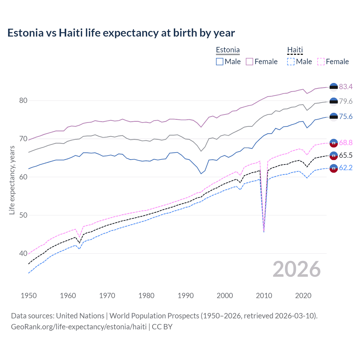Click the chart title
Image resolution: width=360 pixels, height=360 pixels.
point(121,33)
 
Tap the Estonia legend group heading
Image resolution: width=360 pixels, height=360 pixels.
point(228,50)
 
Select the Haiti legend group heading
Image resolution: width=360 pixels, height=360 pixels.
point(295,50)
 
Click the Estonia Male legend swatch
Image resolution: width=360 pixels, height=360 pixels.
point(220,62)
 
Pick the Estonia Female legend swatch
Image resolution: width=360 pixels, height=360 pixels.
point(249,62)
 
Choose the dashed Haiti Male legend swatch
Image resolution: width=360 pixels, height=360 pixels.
point(291,62)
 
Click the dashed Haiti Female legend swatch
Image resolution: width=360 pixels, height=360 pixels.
point(321,62)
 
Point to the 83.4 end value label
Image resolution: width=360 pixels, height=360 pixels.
point(346,87)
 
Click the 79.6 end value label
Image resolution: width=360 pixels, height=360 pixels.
point(346,101)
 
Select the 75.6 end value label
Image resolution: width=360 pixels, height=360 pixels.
point(346,116)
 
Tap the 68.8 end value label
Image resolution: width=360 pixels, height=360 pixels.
point(346,143)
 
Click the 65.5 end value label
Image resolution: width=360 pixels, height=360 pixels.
point(346,155)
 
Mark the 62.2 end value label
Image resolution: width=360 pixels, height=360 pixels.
point(346,168)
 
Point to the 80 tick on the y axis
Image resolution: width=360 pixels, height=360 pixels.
point(23,100)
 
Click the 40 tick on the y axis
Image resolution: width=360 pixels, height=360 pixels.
point(23,253)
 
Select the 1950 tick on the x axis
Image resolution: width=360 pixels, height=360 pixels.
point(29,296)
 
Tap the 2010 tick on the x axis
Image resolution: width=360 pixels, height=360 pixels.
point(264,296)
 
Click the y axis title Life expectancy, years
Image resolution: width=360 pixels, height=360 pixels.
point(12,180)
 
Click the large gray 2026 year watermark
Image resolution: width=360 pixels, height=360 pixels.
point(296,269)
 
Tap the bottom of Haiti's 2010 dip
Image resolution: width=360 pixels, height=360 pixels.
point(264,232)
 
